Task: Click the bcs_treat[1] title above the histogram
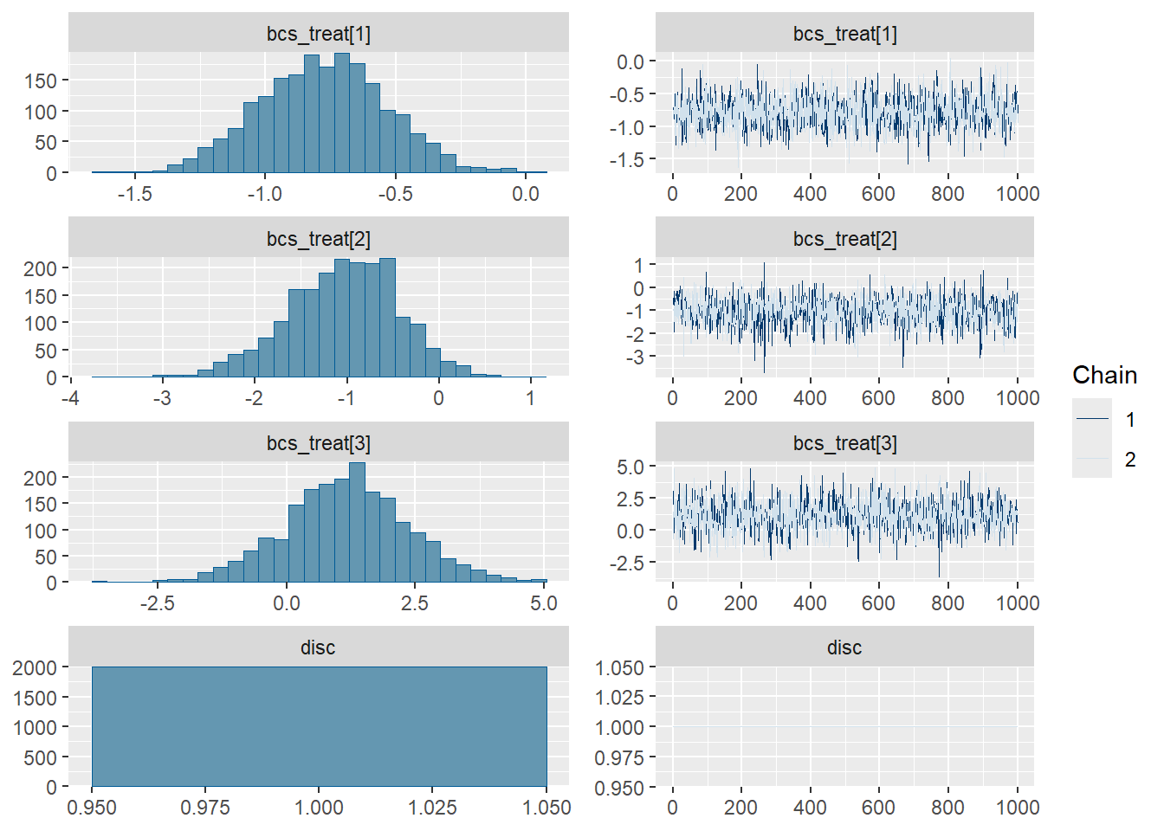coord(318,34)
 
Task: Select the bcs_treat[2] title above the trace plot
coord(844,239)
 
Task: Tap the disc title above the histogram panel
coord(318,647)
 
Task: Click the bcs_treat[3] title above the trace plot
coord(844,443)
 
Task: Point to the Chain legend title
coord(1104,375)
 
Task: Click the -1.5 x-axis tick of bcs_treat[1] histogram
coord(135,194)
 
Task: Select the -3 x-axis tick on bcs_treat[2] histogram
coord(162,398)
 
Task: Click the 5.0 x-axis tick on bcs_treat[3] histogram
coord(544,603)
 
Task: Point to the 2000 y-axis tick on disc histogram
coord(35,667)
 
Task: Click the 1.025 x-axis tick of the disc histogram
coord(433,808)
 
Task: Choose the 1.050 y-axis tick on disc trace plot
coord(619,667)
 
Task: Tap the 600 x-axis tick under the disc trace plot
coord(878,808)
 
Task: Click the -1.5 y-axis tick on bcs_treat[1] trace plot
coord(626,160)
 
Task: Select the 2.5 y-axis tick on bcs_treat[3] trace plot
coord(630,499)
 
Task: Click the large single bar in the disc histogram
coord(319,726)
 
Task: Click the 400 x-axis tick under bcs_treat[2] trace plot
coord(810,398)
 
